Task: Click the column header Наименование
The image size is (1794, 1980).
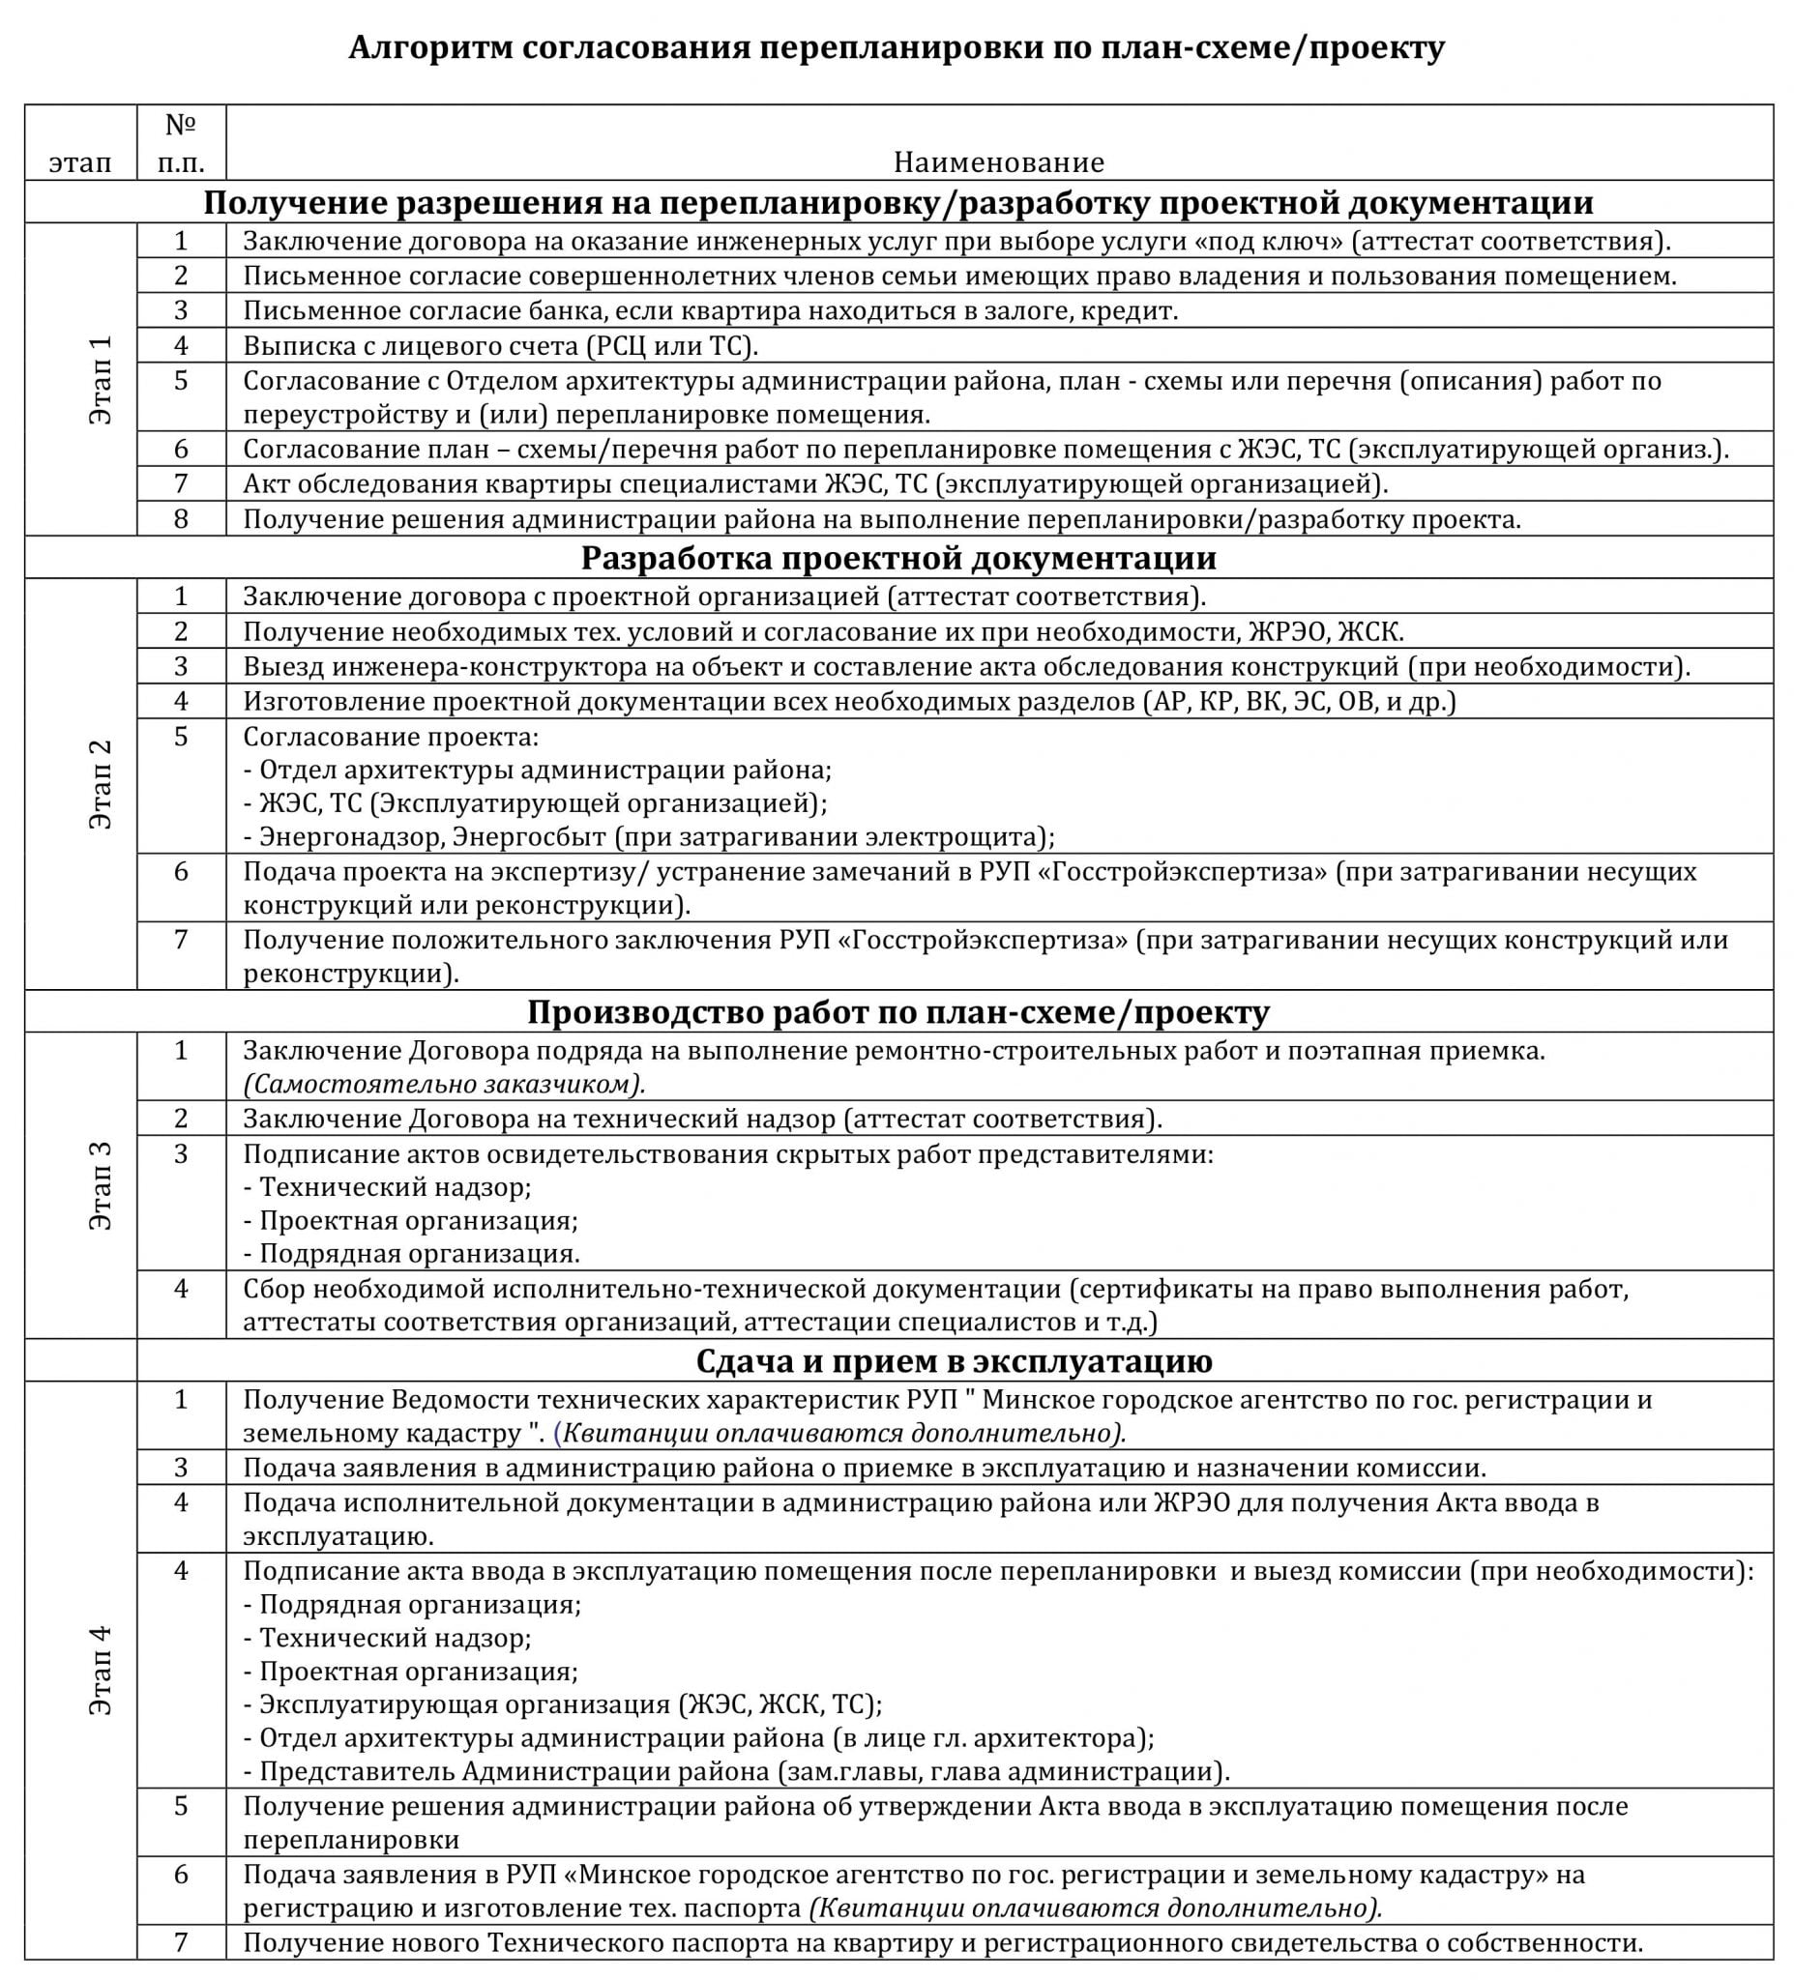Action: pyautogui.click(x=998, y=162)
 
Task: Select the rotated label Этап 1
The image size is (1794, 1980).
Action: pyautogui.click(x=101, y=379)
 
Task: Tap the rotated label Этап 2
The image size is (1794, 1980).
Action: pyautogui.click(x=101, y=784)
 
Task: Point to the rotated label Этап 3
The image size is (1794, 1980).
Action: pyautogui.click(x=101, y=1184)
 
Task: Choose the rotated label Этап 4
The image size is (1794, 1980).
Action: pyautogui.click(x=101, y=1670)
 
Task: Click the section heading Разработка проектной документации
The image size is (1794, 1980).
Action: pyautogui.click(x=898, y=558)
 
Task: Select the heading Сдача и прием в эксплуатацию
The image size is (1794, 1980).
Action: pyautogui.click(x=954, y=1360)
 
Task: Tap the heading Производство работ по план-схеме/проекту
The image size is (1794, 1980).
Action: pyautogui.click(x=898, y=1011)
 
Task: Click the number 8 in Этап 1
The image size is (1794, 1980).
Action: pyautogui.click(x=181, y=517)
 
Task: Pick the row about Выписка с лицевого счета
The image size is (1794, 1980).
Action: pyautogui.click(x=500, y=346)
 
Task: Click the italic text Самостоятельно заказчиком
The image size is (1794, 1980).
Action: pyautogui.click(x=444, y=1084)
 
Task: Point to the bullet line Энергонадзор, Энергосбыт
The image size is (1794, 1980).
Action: pyautogui.click(x=648, y=837)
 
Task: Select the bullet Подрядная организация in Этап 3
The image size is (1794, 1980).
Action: pyautogui.click(x=412, y=1253)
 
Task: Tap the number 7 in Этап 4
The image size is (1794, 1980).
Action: pyautogui.click(x=181, y=1941)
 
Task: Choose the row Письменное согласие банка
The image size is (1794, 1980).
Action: pyautogui.click(x=709, y=311)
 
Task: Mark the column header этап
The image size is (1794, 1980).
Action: pyautogui.click(x=80, y=162)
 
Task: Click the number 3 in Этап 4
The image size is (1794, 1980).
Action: pyautogui.click(x=181, y=1468)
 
